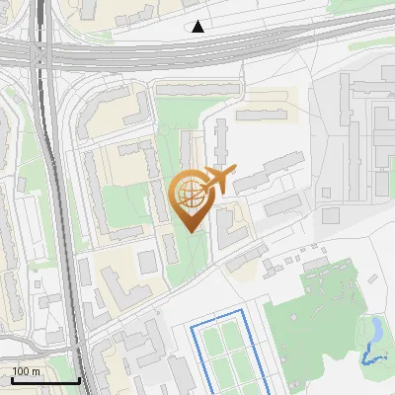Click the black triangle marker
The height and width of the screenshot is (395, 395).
(x=198, y=27)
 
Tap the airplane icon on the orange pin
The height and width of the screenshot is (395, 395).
(x=218, y=180)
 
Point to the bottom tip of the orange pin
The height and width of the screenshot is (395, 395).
(x=191, y=231)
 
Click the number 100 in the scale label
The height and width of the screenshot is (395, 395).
(x=21, y=371)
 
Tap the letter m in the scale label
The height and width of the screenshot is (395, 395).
(x=36, y=371)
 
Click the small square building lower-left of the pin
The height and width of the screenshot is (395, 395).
(x=147, y=262)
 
